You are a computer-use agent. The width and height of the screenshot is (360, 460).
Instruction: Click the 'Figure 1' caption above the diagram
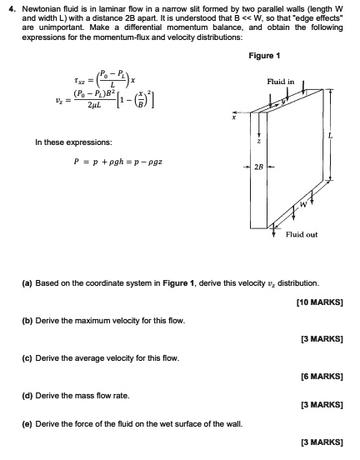[x=264, y=56]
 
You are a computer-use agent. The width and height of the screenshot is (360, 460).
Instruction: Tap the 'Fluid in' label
[x=279, y=82]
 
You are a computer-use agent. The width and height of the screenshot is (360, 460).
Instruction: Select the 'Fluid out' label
[x=301, y=234]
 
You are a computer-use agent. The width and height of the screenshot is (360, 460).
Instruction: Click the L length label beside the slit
[x=332, y=136]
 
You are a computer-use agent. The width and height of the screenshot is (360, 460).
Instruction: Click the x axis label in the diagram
[x=236, y=115]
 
